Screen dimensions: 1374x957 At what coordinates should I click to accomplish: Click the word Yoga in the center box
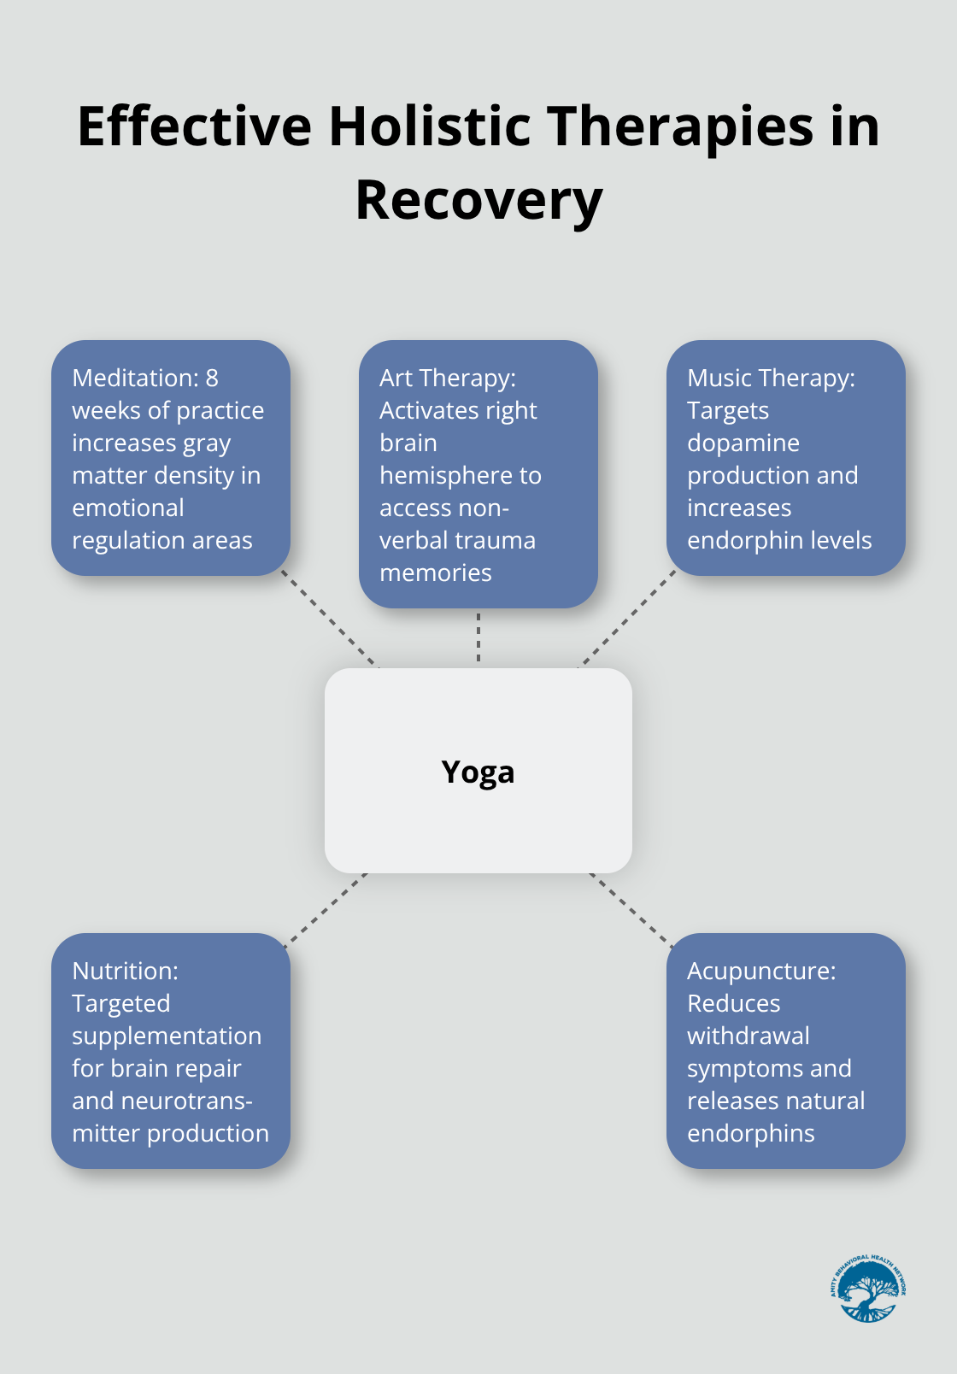pos(478,772)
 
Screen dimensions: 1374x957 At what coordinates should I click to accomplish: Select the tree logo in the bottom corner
pos(868,1289)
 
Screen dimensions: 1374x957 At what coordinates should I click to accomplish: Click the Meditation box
pos(171,458)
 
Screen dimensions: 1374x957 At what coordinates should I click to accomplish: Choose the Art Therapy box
pos(478,474)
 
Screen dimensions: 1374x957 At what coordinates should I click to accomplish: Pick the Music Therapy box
pos(785,458)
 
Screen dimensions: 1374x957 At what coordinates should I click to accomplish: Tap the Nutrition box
pos(171,1051)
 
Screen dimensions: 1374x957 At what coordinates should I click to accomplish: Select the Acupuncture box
pos(785,1051)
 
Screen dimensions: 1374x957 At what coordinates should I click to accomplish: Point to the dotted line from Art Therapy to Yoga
pos(478,637)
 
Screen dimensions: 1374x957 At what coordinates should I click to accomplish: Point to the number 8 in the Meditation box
pos(212,378)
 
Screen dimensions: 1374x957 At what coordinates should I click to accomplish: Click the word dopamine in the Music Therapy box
pos(743,443)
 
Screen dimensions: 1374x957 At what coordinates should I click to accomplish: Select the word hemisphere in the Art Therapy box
pos(460,475)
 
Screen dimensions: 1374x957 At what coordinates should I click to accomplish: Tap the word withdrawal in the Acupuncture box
pos(748,1036)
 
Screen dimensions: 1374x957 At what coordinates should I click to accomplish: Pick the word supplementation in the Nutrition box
pos(167,1036)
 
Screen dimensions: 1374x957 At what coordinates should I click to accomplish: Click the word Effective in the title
pos(195,126)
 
